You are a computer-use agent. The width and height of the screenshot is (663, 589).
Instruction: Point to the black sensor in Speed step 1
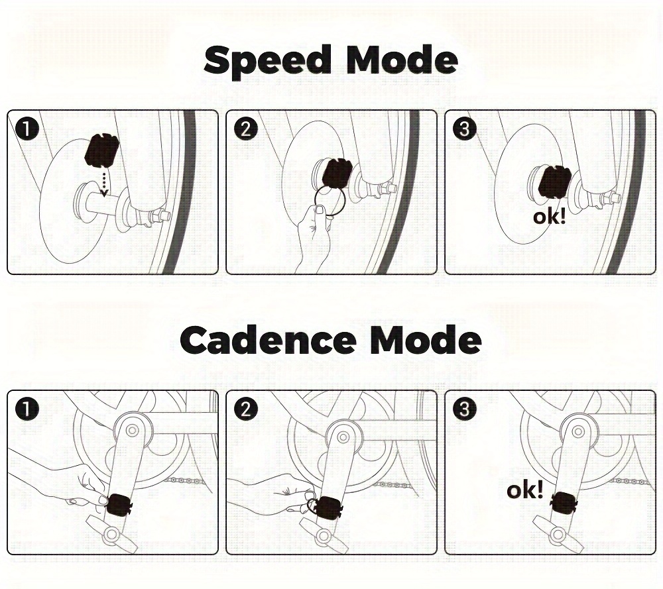101,152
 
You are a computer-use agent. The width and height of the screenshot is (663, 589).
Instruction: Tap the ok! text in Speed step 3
550,216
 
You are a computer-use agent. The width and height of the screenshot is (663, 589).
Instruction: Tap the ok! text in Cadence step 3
525,491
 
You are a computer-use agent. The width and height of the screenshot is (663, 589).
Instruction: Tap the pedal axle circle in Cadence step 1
111,534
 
